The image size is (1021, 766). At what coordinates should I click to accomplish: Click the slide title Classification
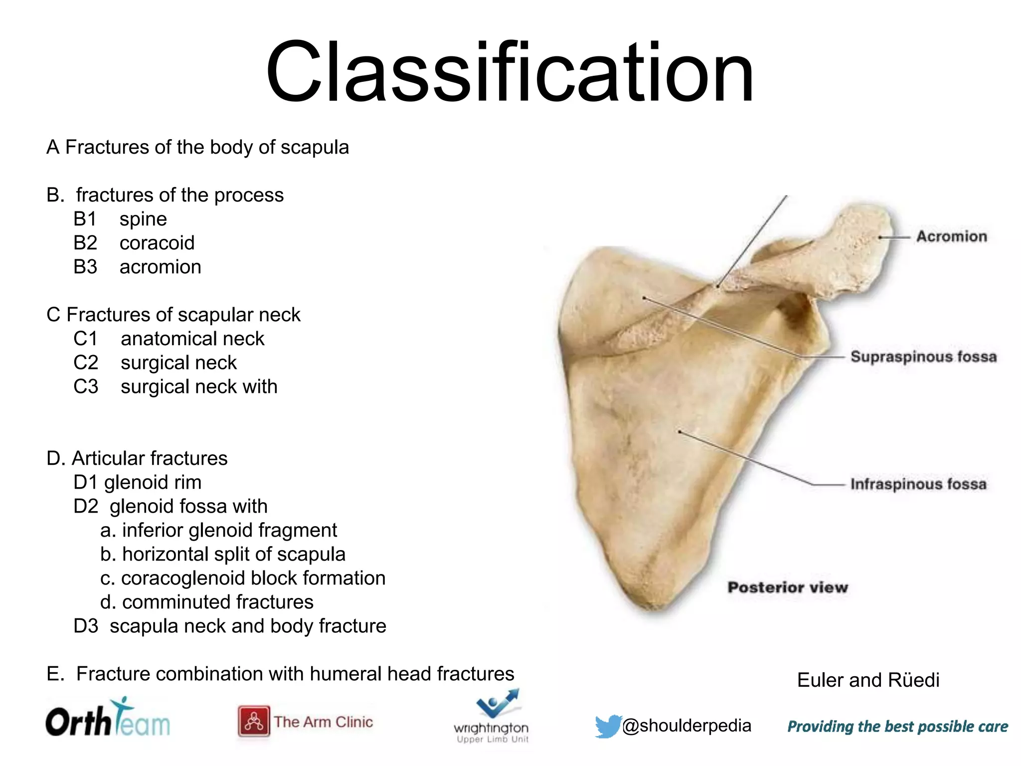click(510, 72)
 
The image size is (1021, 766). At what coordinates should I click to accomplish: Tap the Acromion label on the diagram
click(951, 236)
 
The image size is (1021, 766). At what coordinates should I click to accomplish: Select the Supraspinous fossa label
click(923, 357)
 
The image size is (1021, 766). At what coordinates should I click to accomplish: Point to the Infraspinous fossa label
click(918, 484)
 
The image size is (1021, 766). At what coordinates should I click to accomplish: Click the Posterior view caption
click(788, 587)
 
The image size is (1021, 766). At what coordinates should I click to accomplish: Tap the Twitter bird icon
click(608, 726)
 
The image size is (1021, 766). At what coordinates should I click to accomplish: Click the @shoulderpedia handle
click(686, 726)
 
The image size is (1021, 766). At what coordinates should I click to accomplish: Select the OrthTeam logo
click(108, 718)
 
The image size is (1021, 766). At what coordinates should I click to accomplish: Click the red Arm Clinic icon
click(254, 721)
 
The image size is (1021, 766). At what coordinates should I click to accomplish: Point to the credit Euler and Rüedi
click(868, 680)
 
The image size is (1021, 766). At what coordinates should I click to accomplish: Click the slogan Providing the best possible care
click(897, 727)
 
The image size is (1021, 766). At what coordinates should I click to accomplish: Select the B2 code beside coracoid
click(85, 243)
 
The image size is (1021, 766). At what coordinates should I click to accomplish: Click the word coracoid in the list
click(157, 243)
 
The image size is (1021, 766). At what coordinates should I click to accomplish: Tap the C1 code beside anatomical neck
click(86, 339)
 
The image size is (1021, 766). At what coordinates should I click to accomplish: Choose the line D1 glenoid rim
click(138, 482)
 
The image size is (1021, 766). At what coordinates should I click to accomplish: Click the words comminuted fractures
click(218, 602)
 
